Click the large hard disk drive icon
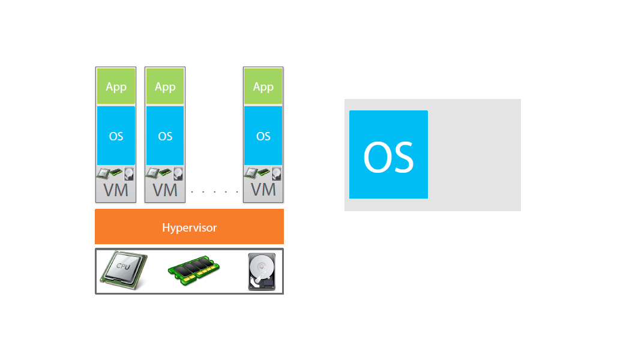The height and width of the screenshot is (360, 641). [x=262, y=272]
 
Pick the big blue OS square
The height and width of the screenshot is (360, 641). [x=388, y=154]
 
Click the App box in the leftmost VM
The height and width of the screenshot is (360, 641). [x=116, y=86]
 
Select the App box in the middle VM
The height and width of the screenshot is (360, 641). [x=165, y=86]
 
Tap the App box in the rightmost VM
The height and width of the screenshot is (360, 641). [x=263, y=86]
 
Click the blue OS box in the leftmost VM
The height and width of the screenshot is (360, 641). [x=116, y=136]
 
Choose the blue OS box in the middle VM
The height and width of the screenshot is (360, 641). [x=165, y=136]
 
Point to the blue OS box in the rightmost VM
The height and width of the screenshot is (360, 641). [x=263, y=136]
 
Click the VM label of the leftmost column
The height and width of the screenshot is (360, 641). [x=116, y=190]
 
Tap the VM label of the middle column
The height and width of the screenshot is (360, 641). [x=165, y=190]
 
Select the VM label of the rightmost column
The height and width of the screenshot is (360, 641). [x=263, y=190]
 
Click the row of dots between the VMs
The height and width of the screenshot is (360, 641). [x=214, y=192]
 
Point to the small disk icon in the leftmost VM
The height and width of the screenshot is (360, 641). [x=129, y=174]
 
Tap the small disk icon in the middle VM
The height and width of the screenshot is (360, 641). [x=178, y=174]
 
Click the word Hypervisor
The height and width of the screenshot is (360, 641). [x=189, y=228]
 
